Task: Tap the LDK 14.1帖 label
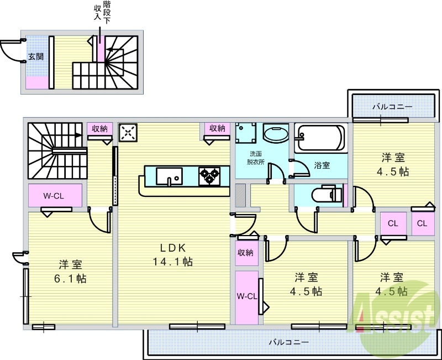tap(173, 254)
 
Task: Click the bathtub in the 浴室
tap(320, 138)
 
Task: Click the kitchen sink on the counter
tap(169, 176)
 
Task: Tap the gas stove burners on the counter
tap(210, 176)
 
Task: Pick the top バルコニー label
tap(391, 105)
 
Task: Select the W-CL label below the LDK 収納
tap(247, 296)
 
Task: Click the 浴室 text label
tap(322, 165)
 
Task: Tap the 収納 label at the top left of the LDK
tap(99, 128)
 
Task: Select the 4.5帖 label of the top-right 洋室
tap(393, 171)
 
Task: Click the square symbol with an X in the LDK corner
tap(128, 132)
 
